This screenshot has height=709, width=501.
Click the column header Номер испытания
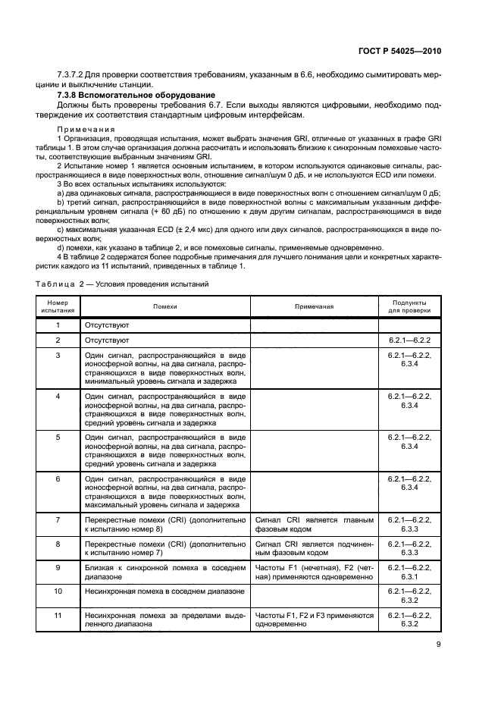(58, 306)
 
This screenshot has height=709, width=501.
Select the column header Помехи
(164, 306)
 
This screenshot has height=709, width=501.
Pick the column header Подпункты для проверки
(409, 306)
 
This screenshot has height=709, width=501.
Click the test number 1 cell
(58, 325)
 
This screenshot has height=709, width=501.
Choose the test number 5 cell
(58, 438)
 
